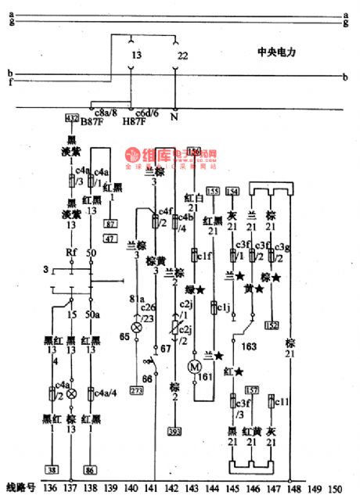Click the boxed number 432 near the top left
click(x=72, y=117)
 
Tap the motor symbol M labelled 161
click(x=196, y=368)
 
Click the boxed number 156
click(x=194, y=150)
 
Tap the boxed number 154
click(x=232, y=191)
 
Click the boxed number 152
click(x=272, y=325)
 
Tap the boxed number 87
click(x=110, y=224)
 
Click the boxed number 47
click(x=110, y=238)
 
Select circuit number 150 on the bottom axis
click(x=335, y=490)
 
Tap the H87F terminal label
click(x=134, y=122)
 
